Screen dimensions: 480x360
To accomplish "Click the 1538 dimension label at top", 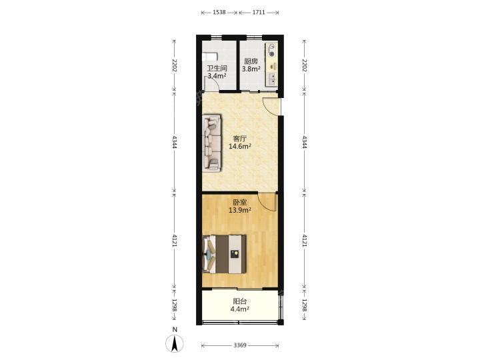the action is point(219,13).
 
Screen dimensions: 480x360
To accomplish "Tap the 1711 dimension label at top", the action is point(259,13).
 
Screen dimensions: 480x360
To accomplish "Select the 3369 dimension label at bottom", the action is point(240,345).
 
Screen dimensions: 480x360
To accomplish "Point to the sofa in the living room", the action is point(212,143).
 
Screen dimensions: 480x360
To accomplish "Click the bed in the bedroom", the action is point(225,254).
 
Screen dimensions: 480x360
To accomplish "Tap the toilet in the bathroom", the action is point(209,57).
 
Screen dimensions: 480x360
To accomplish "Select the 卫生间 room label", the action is point(217,68).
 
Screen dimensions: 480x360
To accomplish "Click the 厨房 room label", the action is point(251,61).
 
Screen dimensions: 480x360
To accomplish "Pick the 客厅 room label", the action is point(240,139).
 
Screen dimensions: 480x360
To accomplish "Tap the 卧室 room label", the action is point(240,203).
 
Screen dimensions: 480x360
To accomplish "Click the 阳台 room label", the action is point(240,301).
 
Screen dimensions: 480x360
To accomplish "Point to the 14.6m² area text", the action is point(240,146).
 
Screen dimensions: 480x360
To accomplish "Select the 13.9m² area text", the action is point(240,210).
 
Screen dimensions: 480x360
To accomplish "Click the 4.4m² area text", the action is point(240,309).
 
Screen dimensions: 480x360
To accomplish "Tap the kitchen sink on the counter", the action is point(271,79).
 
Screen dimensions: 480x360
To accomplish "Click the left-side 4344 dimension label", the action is point(175,142).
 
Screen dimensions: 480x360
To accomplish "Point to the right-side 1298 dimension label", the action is point(304,305).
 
